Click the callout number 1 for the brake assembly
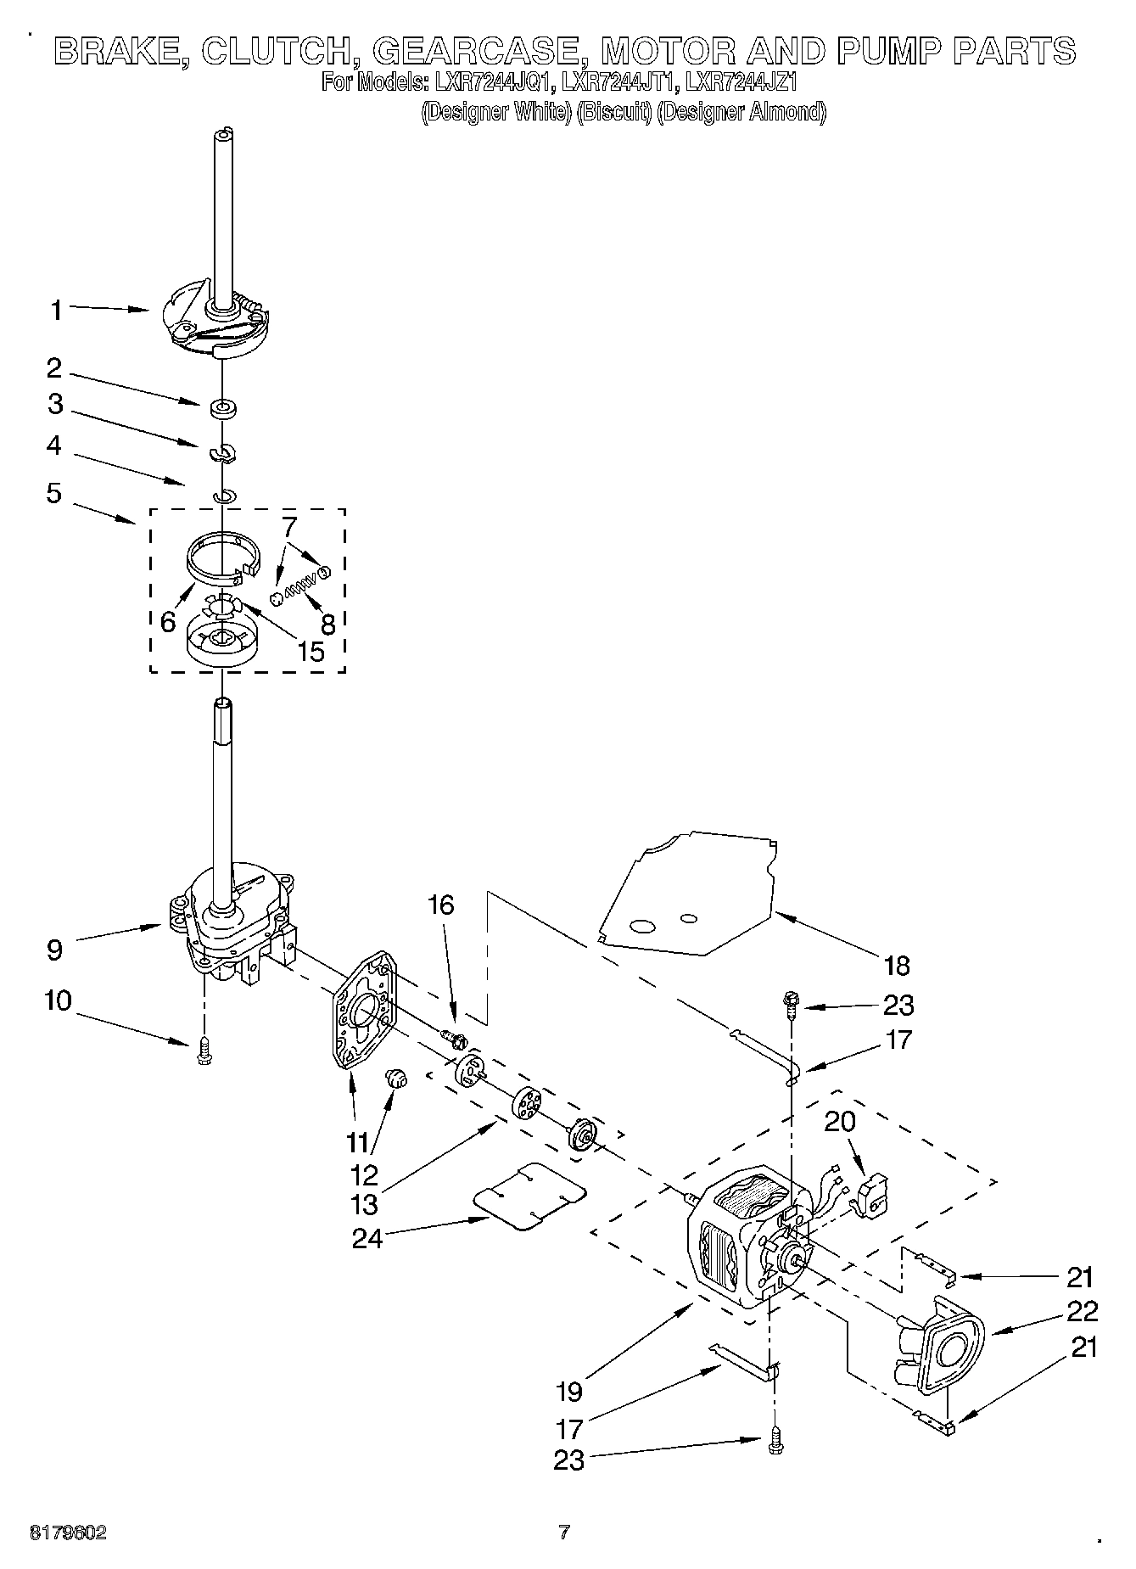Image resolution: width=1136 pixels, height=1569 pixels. coord(56,311)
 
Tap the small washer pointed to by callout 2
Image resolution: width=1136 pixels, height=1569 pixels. coord(224,409)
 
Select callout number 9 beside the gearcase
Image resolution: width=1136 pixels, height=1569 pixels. coord(54,949)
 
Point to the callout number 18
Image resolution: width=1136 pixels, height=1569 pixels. coord(896,965)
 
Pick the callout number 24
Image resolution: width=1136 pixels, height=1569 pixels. coord(367,1238)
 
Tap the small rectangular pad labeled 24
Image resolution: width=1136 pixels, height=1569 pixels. coord(529,1194)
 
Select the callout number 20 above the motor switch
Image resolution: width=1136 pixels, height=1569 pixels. coord(840,1122)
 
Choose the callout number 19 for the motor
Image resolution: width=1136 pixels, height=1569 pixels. coord(569,1392)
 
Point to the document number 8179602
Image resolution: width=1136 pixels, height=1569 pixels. coord(68,1533)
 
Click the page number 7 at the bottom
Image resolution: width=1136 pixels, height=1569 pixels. coord(563,1533)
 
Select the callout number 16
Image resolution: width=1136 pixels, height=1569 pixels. coord(440,905)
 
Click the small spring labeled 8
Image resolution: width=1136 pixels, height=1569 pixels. coord(299,585)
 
